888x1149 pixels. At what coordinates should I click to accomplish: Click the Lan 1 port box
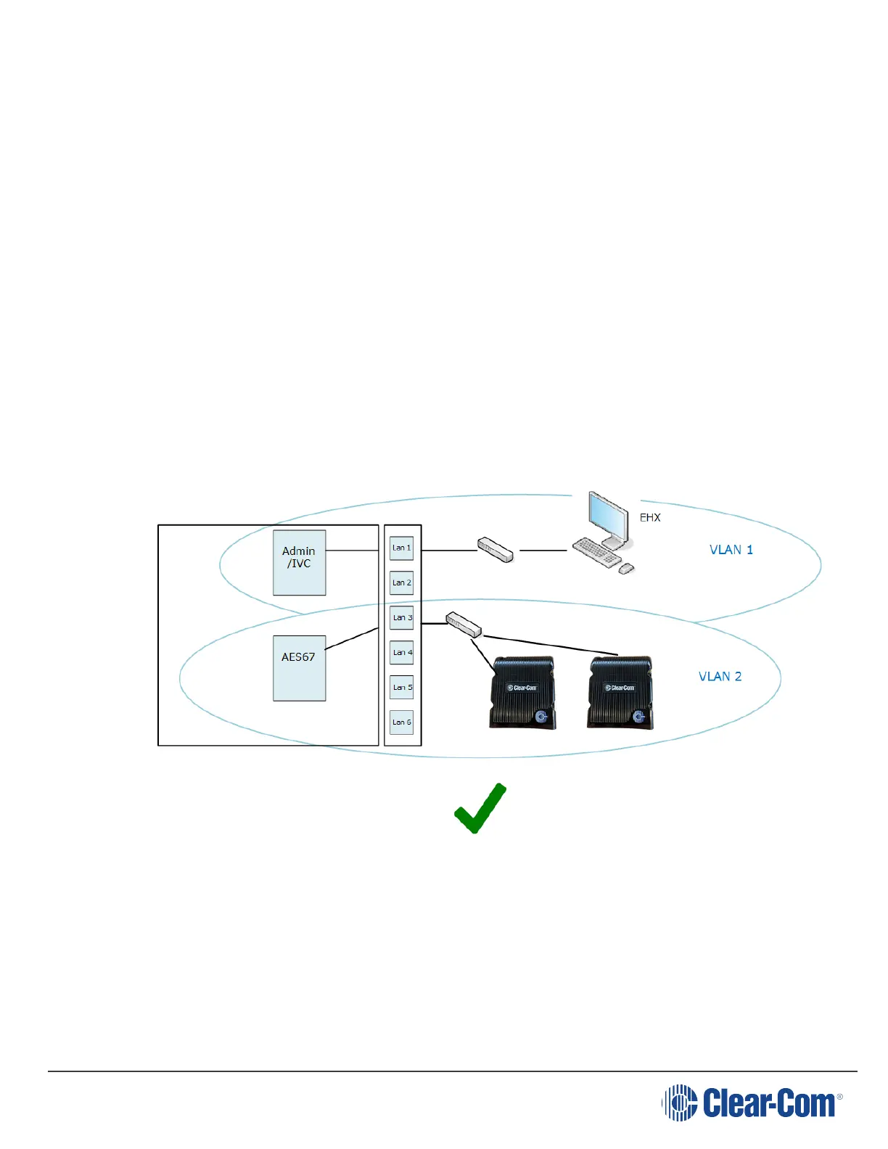401,548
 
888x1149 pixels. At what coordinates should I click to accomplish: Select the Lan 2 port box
401,582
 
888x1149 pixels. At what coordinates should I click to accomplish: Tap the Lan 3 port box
401,617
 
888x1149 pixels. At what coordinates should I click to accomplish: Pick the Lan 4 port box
401,652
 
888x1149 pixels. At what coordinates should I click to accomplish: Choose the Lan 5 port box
401,687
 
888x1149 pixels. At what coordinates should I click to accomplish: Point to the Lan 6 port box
401,722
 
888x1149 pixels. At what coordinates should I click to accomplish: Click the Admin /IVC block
299,562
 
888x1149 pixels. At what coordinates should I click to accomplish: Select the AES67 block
299,667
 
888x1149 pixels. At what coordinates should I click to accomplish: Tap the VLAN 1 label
731,550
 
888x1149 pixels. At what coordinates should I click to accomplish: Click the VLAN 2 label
720,677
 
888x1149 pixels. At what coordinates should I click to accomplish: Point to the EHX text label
650,518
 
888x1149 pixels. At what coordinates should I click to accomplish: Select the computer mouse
625,569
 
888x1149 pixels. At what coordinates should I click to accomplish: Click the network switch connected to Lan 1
496,549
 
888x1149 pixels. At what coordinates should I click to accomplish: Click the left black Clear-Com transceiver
523,692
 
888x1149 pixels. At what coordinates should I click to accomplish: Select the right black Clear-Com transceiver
620,692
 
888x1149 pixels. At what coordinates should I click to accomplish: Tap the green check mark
480,808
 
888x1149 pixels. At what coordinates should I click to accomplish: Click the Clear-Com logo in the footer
752,1103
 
